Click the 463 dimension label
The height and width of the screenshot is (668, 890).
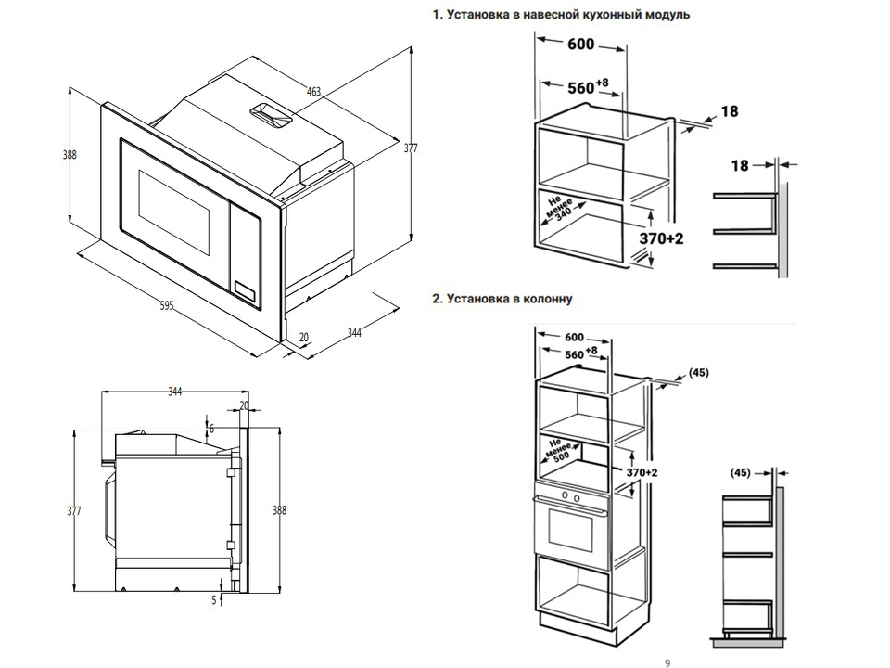[313, 91]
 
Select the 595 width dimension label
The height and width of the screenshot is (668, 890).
[167, 305]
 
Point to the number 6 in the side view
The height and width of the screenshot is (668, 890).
[211, 428]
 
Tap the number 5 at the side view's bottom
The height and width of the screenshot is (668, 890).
[213, 600]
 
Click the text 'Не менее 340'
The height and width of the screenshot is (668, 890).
[561, 212]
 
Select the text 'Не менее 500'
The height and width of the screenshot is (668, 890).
[557, 449]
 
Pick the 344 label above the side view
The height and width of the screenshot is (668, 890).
[175, 392]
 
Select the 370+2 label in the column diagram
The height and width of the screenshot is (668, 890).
[641, 472]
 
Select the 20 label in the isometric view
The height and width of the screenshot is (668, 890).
[304, 337]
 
